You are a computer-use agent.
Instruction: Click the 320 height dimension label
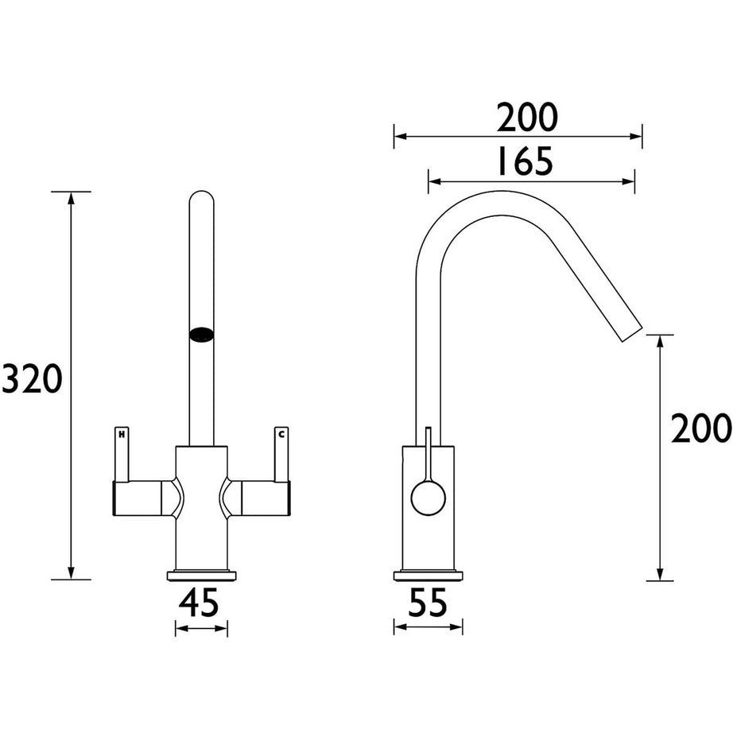click(x=32, y=379)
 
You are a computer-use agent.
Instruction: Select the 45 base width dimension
click(x=200, y=605)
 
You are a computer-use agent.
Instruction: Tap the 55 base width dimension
click(x=428, y=605)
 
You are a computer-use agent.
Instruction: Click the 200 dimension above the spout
click(x=528, y=118)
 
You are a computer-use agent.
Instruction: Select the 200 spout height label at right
click(x=700, y=429)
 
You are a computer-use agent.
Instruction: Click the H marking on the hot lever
click(x=122, y=434)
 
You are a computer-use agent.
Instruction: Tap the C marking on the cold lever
click(x=280, y=434)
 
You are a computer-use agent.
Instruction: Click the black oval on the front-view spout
click(x=202, y=335)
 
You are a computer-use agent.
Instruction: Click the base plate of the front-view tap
click(x=202, y=575)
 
